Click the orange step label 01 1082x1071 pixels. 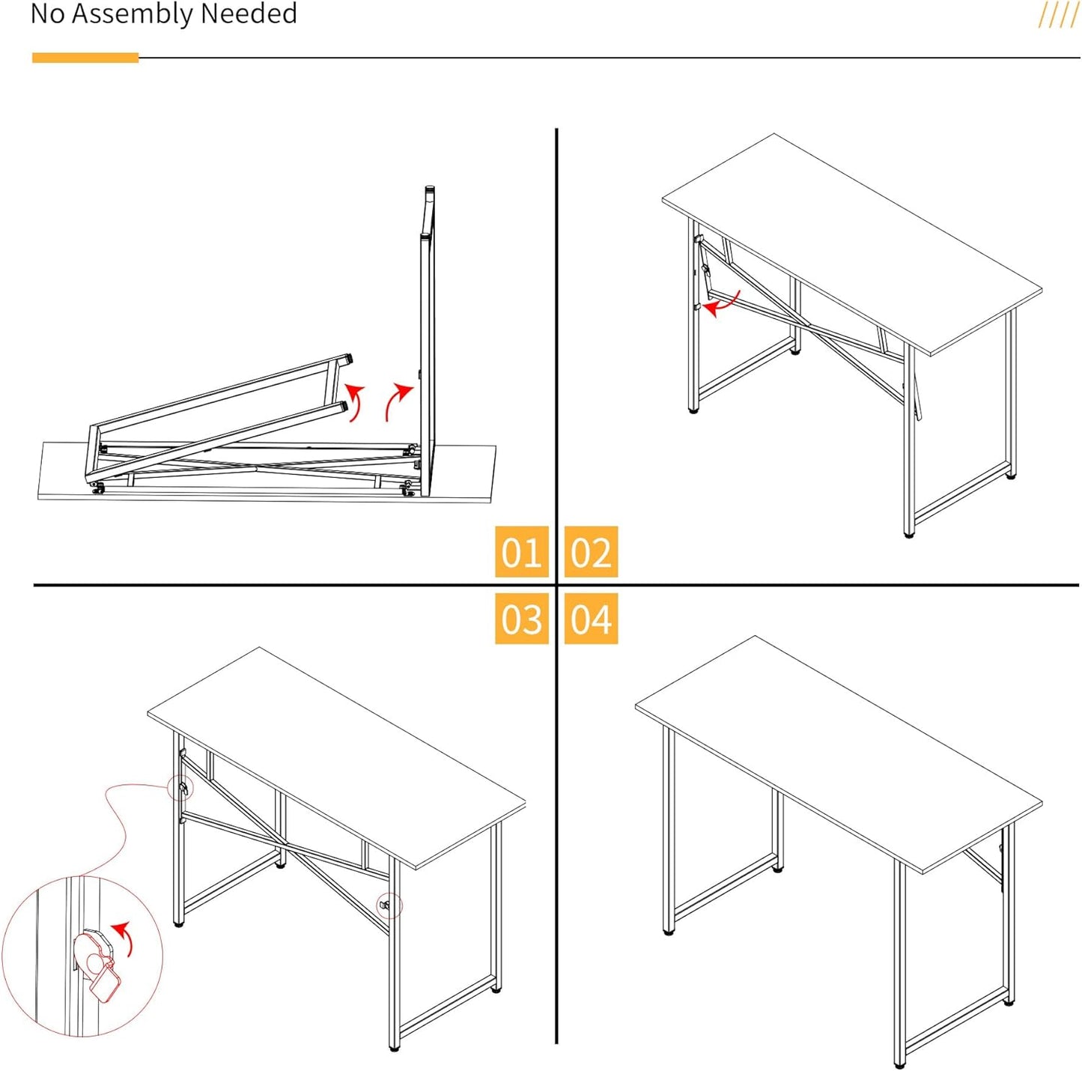click(521, 552)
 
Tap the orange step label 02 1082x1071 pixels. click(591, 552)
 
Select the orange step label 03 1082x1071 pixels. click(521, 619)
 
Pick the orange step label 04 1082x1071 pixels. click(591, 619)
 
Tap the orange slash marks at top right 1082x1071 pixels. click(1058, 14)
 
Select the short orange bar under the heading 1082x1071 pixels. click(85, 58)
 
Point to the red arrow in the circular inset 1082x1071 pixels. click(125, 936)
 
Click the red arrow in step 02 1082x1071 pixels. click(722, 304)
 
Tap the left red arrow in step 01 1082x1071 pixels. click(355, 401)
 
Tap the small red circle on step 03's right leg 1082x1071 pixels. click(389, 905)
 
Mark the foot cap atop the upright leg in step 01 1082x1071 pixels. click(430, 191)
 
